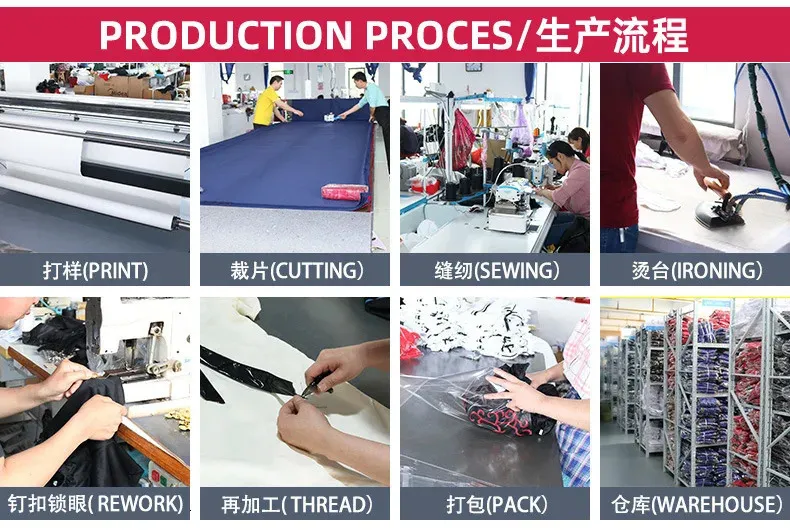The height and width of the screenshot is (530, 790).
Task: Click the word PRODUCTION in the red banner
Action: [226, 35]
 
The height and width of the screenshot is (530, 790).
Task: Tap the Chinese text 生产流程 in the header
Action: [611, 35]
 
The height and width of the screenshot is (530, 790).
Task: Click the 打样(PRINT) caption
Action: [95, 271]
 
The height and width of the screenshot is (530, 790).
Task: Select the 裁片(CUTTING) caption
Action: [296, 271]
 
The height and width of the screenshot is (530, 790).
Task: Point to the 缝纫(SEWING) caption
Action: [497, 271]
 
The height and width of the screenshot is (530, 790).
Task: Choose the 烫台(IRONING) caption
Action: [697, 271]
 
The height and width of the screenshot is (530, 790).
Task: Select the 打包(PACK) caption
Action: [497, 505]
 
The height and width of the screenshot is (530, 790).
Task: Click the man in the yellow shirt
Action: [270, 102]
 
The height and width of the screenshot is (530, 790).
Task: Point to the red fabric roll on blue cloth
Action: [345, 191]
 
